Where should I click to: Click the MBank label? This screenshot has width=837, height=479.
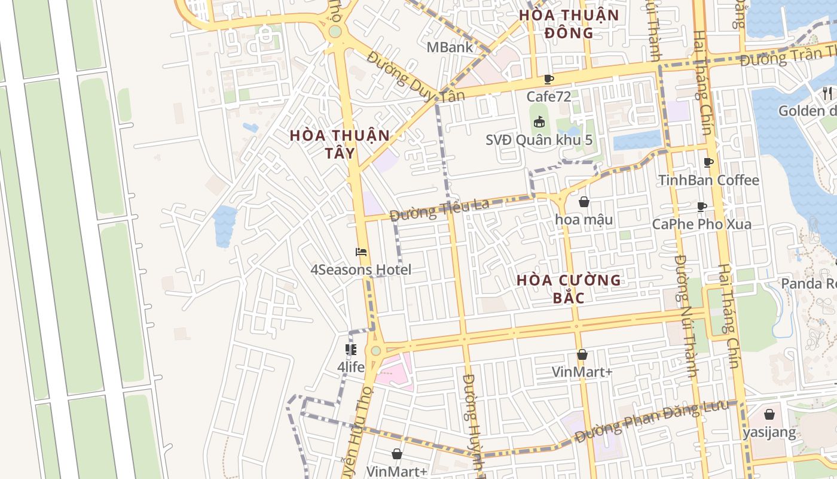coord(450,47)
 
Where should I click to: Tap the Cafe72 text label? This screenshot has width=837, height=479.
coord(548,96)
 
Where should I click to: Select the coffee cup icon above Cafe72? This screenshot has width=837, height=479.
coord(549,79)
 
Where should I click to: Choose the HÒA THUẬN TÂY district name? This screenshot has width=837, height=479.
coord(340,144)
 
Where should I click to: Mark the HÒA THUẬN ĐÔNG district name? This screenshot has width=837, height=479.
coord(569,23)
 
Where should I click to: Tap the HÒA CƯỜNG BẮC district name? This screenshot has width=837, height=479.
coord(569,288)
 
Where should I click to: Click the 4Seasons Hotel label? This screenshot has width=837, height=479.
coord(361,269)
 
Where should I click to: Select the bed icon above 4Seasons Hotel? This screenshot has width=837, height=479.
coord(361,252)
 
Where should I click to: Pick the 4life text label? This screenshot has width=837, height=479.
coord(351,366)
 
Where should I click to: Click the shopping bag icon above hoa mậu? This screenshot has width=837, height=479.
coord(584,202)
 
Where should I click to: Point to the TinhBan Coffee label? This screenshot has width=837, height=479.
coord(708,180)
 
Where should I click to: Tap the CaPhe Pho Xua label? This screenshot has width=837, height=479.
coord(701,224)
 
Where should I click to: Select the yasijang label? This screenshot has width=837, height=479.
coord(769,432)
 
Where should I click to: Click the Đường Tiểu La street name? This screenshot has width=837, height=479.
coord(439,209)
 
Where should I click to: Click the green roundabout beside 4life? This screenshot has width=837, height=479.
coord(375,351)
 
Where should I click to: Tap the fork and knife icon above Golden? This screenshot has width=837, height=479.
coord(827,93)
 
